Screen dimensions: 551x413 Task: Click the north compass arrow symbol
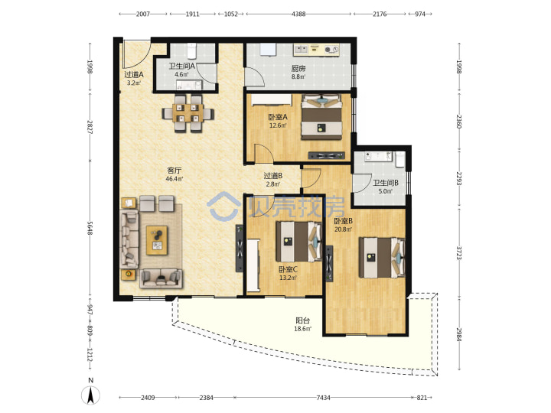pos(91,395)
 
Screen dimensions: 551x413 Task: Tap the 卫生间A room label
pos(181,66)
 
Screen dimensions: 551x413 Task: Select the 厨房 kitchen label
pos(298,68)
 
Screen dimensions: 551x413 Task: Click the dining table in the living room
pos(187,113)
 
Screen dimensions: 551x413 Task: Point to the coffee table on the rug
pos(157,240)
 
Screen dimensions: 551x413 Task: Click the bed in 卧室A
pos(321,117)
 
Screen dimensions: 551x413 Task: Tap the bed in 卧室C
pos(298,241)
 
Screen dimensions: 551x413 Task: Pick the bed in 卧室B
pos(382,258)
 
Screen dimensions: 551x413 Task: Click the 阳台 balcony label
pos(302,320)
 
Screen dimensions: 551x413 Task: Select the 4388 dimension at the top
pos(298,14)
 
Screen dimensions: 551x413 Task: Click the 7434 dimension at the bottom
pos(323,398)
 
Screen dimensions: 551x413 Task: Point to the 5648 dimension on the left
pos(90,228)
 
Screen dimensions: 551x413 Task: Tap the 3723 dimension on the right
pos(459,253)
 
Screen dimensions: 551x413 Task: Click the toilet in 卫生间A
pos(191,50)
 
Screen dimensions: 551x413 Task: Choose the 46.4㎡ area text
pos(174,179)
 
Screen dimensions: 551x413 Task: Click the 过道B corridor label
pos(273,175)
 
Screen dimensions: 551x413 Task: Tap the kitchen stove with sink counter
pos(316,49)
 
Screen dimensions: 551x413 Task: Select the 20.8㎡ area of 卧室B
pos(343,229)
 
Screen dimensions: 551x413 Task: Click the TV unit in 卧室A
pos(326,155)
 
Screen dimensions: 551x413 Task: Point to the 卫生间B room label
pos(386,183)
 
